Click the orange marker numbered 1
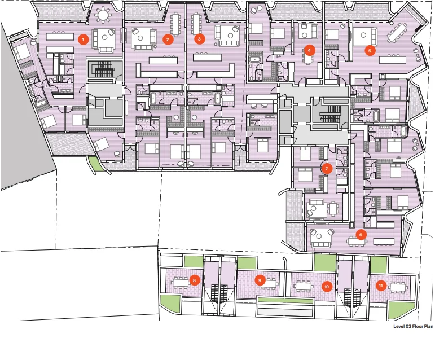coord(83,39)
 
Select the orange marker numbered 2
coord(168,39)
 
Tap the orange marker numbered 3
coord(199,39)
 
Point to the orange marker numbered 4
coord(309,50)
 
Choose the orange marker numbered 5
coord(370,50)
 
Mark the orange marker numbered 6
coord(361,235)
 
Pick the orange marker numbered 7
coord(327,168)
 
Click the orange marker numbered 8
coord(194,280)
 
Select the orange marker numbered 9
coord(260,280)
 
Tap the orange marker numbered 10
coord(327,287)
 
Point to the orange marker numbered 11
coord(381,286)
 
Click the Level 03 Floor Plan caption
coord(413,326)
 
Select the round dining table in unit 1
coord(103,15)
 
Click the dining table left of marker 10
coord(304,286)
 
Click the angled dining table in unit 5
coord(397,33)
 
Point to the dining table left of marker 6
coord(357,241)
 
